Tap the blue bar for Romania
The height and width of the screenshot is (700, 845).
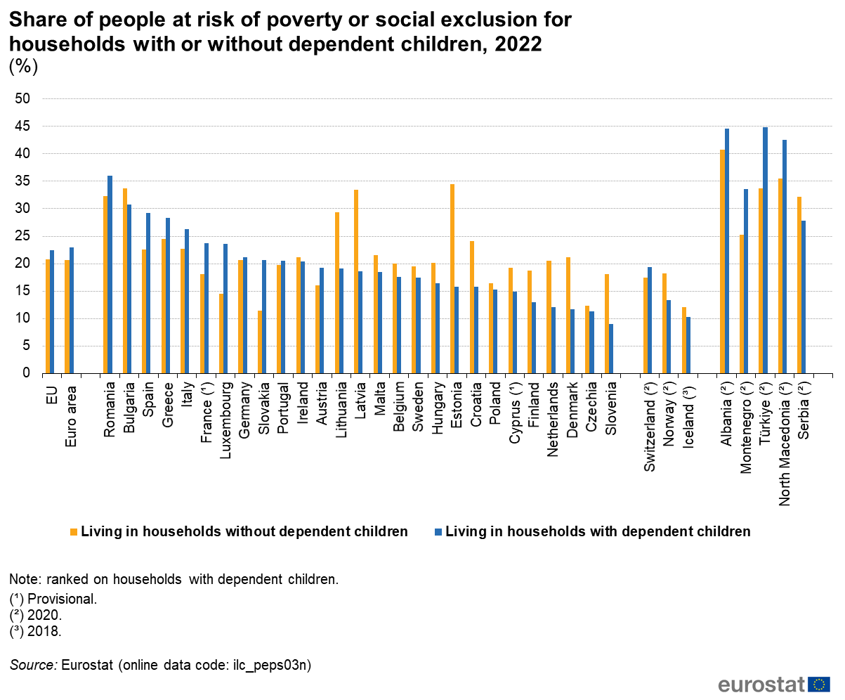[110, 274]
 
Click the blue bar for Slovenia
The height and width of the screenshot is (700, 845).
[610, 348]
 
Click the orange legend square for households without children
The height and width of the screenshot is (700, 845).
[73, 532]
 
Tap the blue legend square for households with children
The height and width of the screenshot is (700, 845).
[438, 532]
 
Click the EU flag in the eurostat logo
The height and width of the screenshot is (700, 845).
[819, 685]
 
